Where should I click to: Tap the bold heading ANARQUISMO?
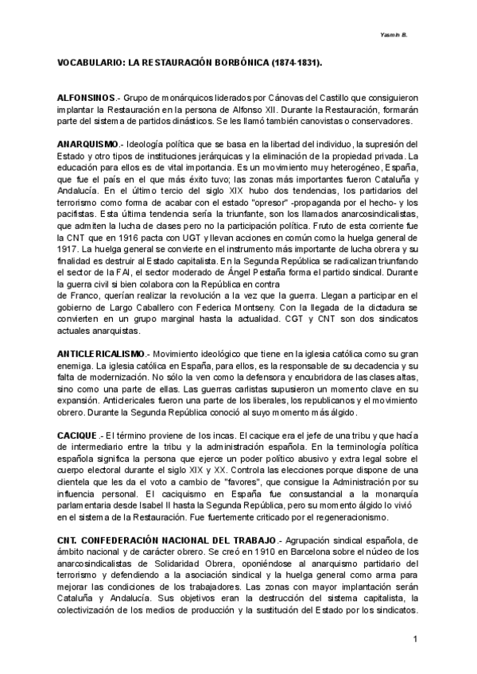pyautogui.click(x=88, y=144)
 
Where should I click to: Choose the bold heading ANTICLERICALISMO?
pyautogui.click(x=102, y=352)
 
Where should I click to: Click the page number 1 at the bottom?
pyautogui.click(x=416, y=640)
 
